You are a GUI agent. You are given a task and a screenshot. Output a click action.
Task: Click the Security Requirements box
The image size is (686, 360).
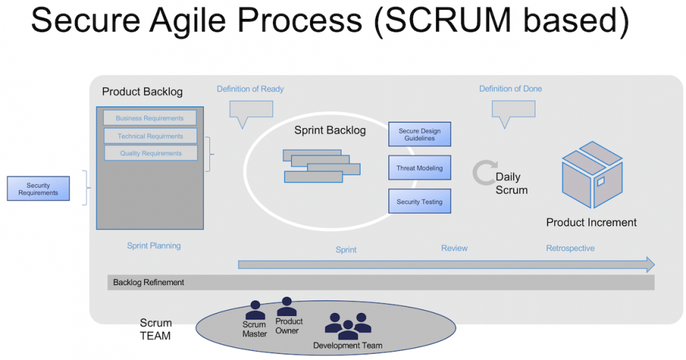38,188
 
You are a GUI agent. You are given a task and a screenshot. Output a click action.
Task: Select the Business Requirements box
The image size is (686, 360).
150,118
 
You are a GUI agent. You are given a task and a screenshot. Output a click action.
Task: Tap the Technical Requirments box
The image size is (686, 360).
150,136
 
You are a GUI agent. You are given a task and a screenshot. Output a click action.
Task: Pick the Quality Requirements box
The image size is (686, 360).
150,153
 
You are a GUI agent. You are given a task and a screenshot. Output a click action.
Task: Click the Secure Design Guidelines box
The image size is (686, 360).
419,134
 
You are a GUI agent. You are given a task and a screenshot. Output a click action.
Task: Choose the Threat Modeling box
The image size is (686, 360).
419,168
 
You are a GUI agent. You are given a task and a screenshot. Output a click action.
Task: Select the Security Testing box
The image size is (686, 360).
419,202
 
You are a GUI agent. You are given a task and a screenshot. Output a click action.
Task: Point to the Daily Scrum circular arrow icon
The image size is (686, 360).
484,172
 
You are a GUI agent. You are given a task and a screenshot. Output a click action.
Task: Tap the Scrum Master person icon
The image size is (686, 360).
255,310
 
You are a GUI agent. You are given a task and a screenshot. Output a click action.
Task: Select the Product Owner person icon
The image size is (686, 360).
287,307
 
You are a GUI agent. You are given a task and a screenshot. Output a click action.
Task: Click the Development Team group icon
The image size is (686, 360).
348,326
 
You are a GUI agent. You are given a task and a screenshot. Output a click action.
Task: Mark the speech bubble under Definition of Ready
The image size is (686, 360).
251,112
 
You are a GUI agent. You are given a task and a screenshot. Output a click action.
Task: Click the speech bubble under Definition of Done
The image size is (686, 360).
512,112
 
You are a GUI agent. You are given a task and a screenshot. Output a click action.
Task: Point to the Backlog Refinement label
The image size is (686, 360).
148,282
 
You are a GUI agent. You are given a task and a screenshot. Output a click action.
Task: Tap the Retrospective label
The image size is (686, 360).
570,248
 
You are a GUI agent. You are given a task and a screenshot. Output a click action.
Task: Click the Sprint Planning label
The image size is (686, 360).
153,246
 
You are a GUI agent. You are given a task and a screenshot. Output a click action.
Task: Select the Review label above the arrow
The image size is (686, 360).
454,248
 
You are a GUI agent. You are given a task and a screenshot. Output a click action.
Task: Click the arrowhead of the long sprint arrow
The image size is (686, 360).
648,264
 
